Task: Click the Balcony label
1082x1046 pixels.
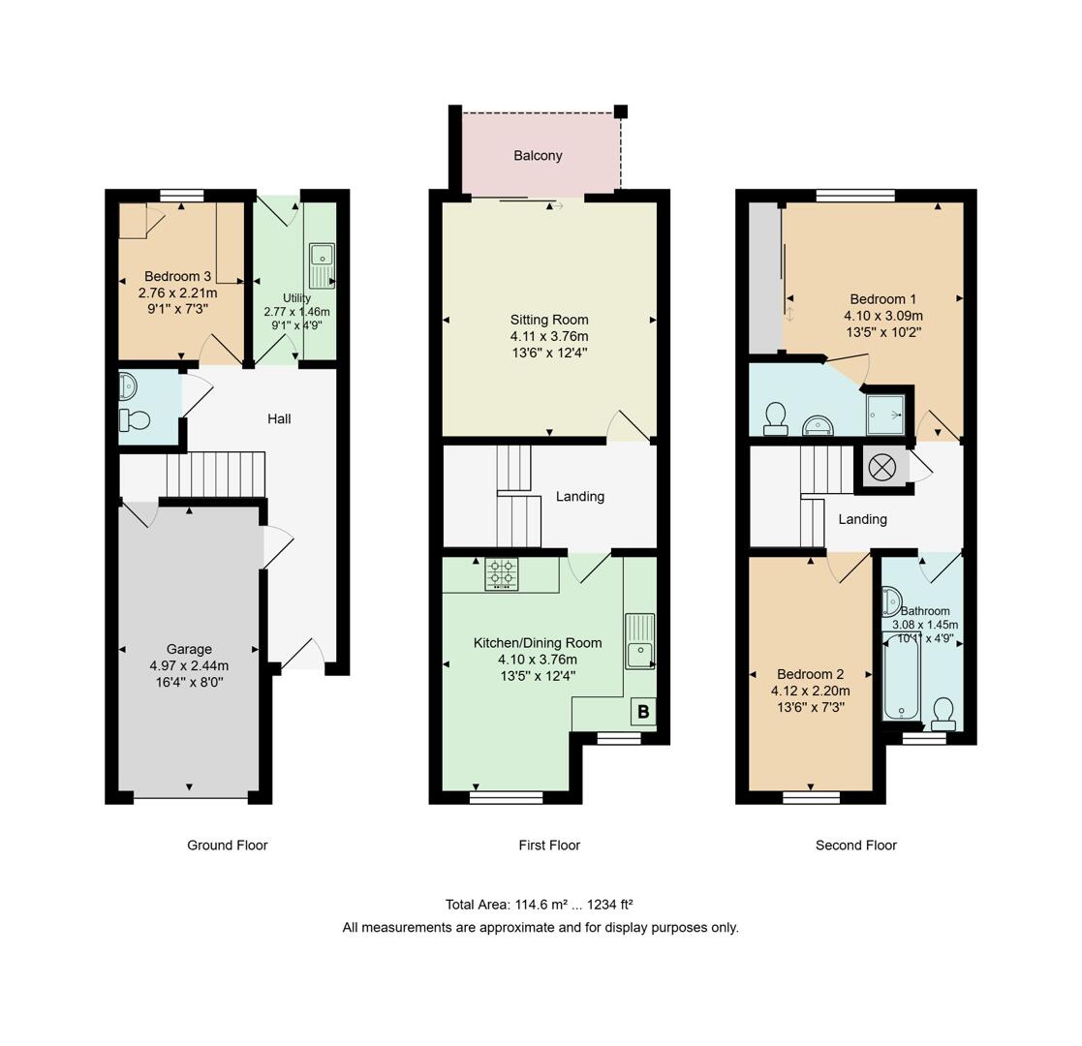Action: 538,156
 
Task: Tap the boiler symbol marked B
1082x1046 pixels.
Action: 642,713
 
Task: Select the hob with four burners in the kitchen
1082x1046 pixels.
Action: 501,573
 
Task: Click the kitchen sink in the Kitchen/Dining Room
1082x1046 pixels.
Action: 639,641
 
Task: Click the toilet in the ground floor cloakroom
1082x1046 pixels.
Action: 135,420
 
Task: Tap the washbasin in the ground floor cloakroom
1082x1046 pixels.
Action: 128,387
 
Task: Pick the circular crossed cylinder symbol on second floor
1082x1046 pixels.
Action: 882,468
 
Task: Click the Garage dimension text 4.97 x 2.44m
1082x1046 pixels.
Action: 189,665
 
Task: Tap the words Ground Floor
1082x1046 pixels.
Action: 227,846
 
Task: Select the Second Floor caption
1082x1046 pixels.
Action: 855,846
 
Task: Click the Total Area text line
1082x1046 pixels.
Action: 539,905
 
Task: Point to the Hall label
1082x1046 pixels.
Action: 279,418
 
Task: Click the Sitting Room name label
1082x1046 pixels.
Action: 549,320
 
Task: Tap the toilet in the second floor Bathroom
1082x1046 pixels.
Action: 943,715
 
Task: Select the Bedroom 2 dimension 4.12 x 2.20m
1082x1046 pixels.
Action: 810,691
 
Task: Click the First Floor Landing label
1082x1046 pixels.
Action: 579,497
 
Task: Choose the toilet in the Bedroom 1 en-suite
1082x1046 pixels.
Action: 775,418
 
